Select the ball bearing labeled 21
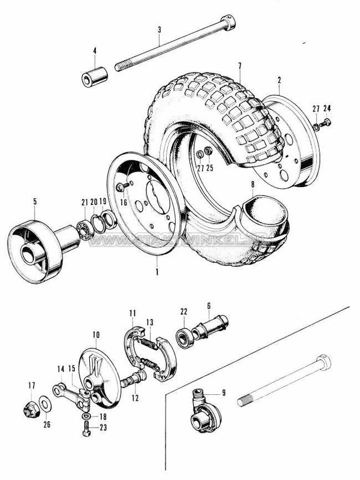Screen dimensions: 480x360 [x=85, y=226]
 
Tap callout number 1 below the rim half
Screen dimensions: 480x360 [x=158, y=273]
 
